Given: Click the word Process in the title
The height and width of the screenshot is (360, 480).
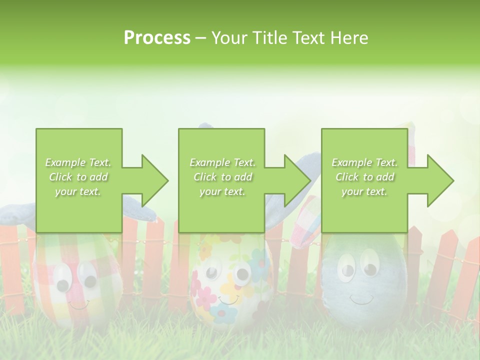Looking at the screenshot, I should point(157,38).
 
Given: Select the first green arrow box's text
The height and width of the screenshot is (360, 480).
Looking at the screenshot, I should point(78,177).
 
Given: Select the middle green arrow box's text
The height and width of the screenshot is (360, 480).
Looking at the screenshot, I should point(222,177).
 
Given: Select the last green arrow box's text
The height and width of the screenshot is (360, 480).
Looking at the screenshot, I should point(364,177).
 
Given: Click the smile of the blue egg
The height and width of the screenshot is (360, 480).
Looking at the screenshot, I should point(361,299).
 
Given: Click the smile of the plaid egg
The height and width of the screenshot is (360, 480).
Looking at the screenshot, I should point(78,304).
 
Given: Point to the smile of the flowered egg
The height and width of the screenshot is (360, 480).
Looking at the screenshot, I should point(228,300).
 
